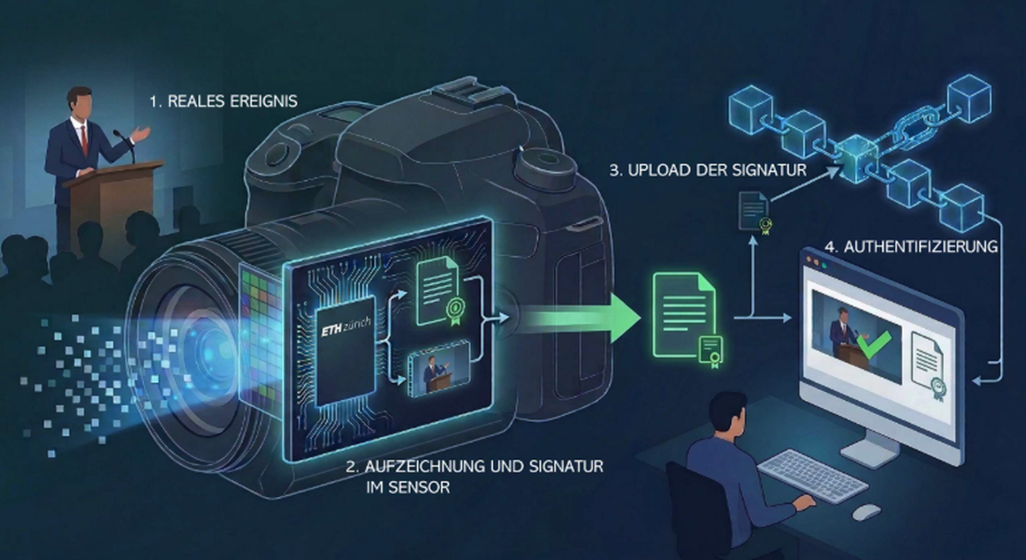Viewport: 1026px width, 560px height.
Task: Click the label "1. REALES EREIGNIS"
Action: click(x=224, y=101)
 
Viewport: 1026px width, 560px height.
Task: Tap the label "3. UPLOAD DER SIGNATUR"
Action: click(x=708, y=170)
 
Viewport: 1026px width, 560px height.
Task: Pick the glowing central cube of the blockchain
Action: click(x=858, y=158)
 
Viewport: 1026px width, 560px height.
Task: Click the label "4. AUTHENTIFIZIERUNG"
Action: click(x=911, y=247)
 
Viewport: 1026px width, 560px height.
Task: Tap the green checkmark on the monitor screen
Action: click(x=874, y=344)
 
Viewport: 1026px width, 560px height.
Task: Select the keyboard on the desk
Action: click(x=812, y=475)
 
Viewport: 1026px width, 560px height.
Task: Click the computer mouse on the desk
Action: click(x=866, y=512)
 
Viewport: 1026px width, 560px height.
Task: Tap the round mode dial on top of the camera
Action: click(x=545, y=163)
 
